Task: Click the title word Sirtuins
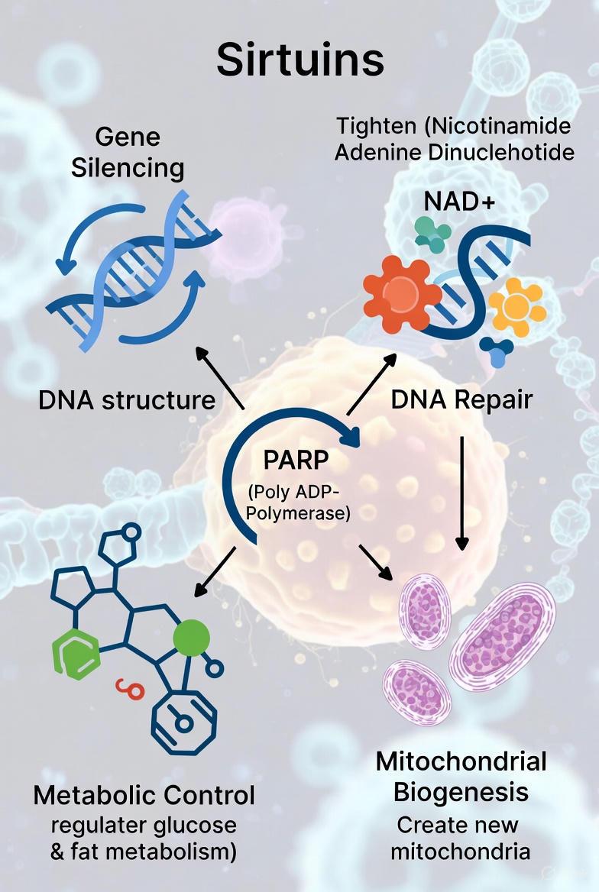tap(299, 60)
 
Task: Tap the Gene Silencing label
tap(128, 153)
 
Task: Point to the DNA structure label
tap(127, 399)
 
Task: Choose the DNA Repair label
tap(461, 399)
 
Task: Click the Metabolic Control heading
tap(144, 795)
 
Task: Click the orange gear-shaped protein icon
tap(399, 293)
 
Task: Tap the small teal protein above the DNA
tap(432, 234)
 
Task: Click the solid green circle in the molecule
tap(191, 638)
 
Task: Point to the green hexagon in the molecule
tap(75, 656)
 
